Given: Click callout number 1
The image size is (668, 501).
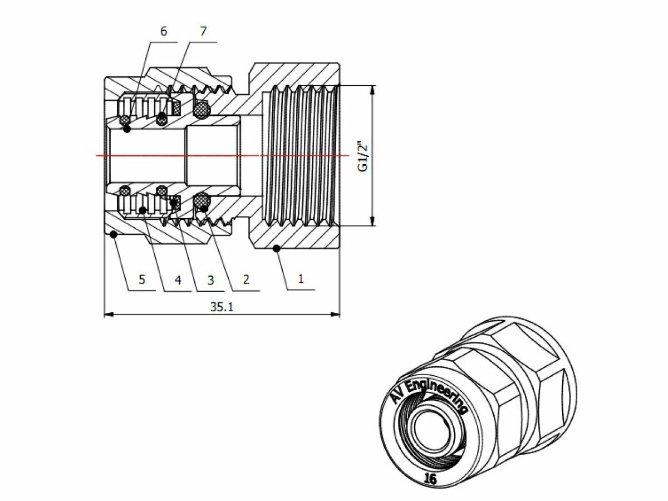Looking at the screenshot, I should [x=301, y=278].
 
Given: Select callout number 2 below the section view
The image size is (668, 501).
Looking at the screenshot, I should [x=246, y=278].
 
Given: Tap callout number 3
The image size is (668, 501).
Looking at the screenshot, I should [x=210, y=279].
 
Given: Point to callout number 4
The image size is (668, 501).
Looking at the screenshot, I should [x=178, y=279].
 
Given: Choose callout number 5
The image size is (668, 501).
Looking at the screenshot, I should [x=142, y=279].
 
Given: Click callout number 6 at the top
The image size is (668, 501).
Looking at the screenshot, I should [x=163, y=31].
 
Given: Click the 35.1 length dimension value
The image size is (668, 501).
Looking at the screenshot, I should [x=222, y=307].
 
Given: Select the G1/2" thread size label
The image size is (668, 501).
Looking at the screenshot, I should [x=362, y=157].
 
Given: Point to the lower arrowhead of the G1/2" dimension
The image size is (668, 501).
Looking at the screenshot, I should [x=372, y=222].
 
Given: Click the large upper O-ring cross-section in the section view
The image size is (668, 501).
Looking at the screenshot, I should [x=202, y=110].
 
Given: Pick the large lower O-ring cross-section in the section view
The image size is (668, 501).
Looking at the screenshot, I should [x=202, y=201].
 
